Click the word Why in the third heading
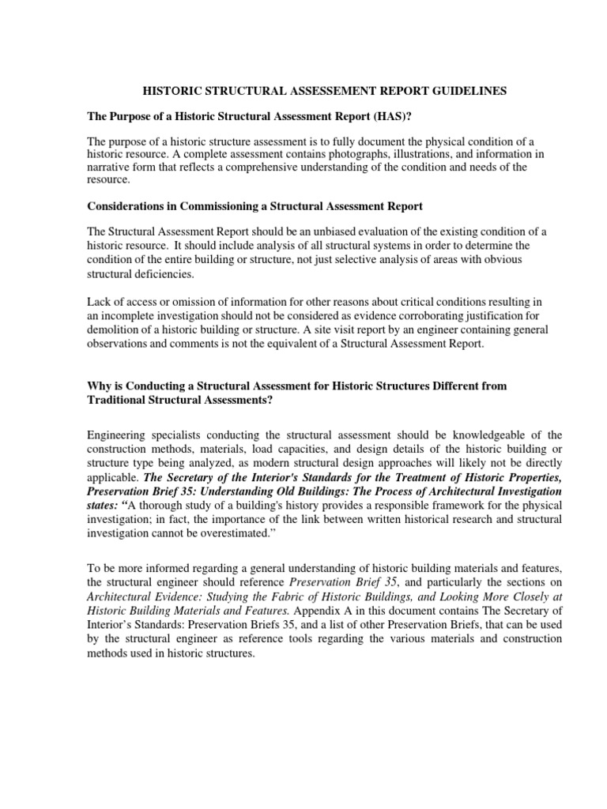tap(99, 386)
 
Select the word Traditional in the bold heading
tap(119, 399)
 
